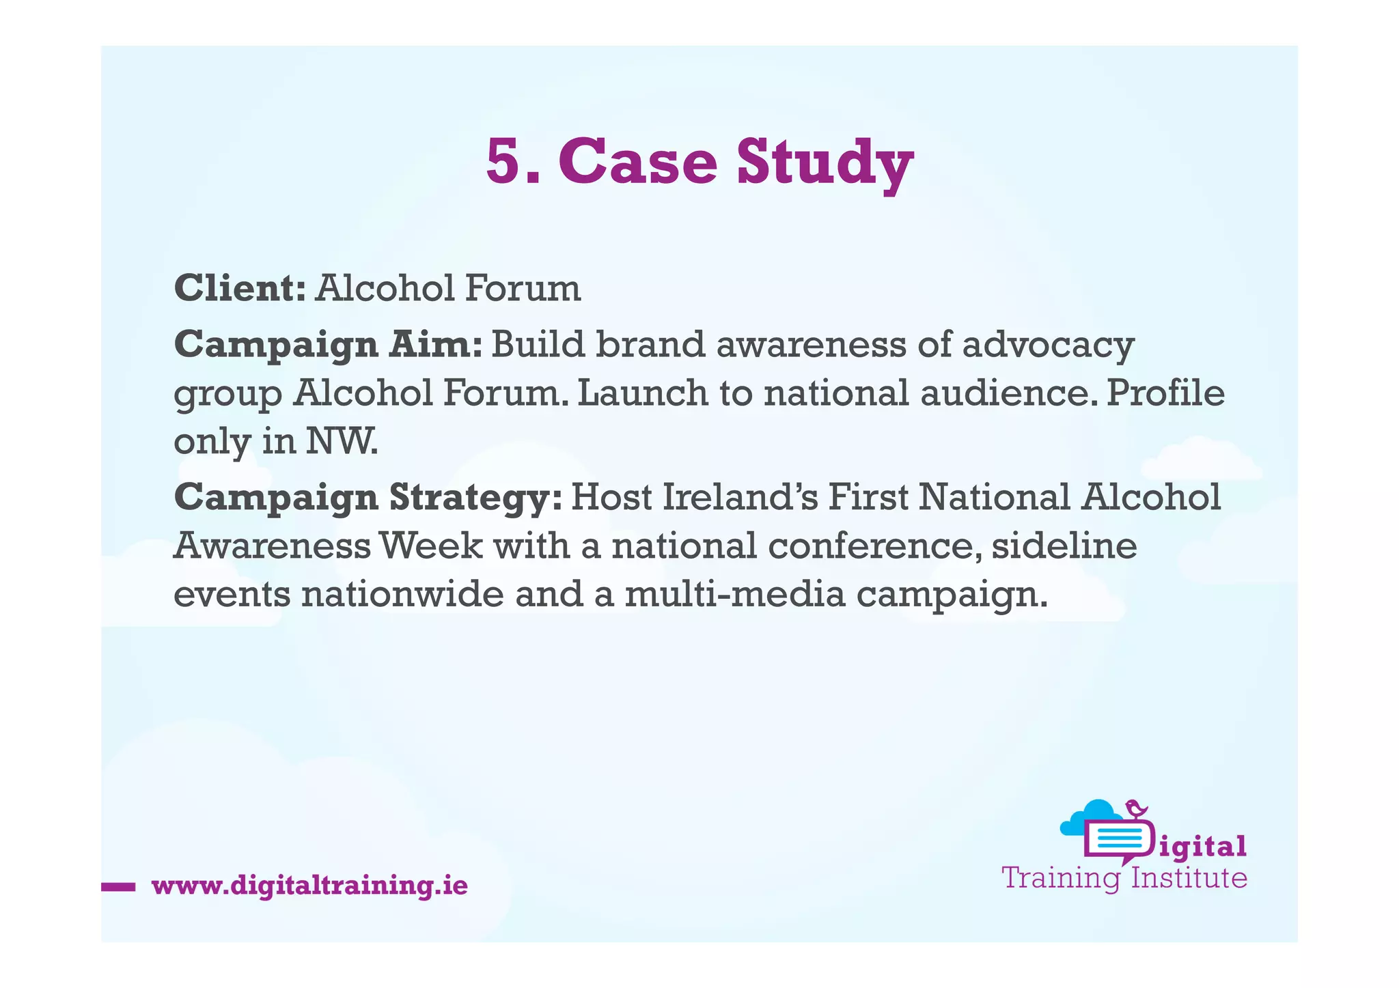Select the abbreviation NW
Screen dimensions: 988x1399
tap(342, 442)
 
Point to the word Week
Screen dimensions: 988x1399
tap(430, 546)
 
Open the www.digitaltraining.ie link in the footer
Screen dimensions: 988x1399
tap(309, 886)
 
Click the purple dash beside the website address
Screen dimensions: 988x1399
tap(118, 887)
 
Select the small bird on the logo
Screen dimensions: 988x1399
tap(1136, 808)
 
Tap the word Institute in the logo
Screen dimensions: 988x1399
tap(1189, 878)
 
